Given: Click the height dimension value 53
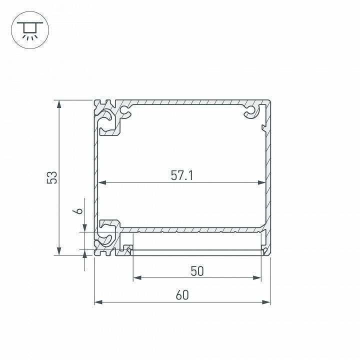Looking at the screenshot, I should [x=52, y=177].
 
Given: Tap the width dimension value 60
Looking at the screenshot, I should [x=182, y=295].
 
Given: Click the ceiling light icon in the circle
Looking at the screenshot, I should [x=29, y=29].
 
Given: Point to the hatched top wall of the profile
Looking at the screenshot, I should [x=190, y=102].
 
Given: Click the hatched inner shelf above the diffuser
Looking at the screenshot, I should [x=195, y=230].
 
